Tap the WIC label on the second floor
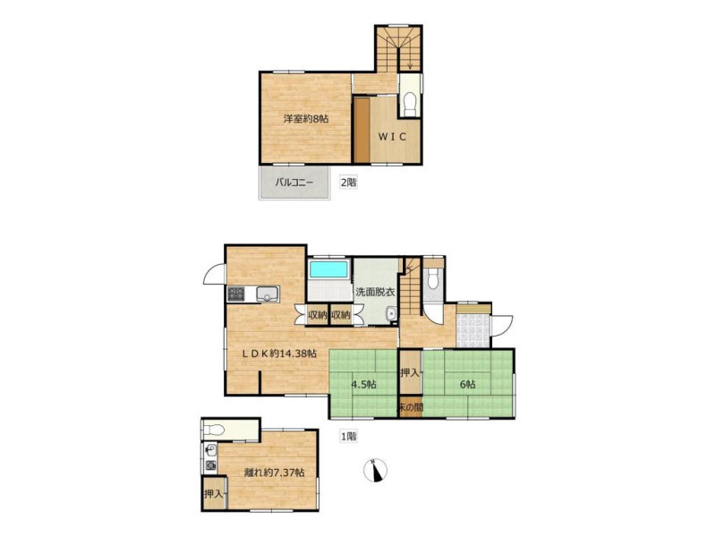click(x=393, y=137)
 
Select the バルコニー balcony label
click(x=294, y=183)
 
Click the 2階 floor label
click(x=348, y=183)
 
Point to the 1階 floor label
click(x=348, y=437)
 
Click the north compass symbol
click(x=375, y=471)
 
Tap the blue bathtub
click(x=328, y=269)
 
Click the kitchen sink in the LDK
click(x=268, y=294)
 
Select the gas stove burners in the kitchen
click(x=236, y=294)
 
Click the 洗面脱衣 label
click(x=375, y=292)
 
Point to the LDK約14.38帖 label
click(x=278, y=353)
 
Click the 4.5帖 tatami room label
click(x=363, y=385)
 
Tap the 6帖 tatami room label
click(x=467, y=385)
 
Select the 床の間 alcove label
click(x=411, y=407)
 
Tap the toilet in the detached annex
click(x=214, y=430)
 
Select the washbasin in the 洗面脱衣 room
click(x=391, y=314)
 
